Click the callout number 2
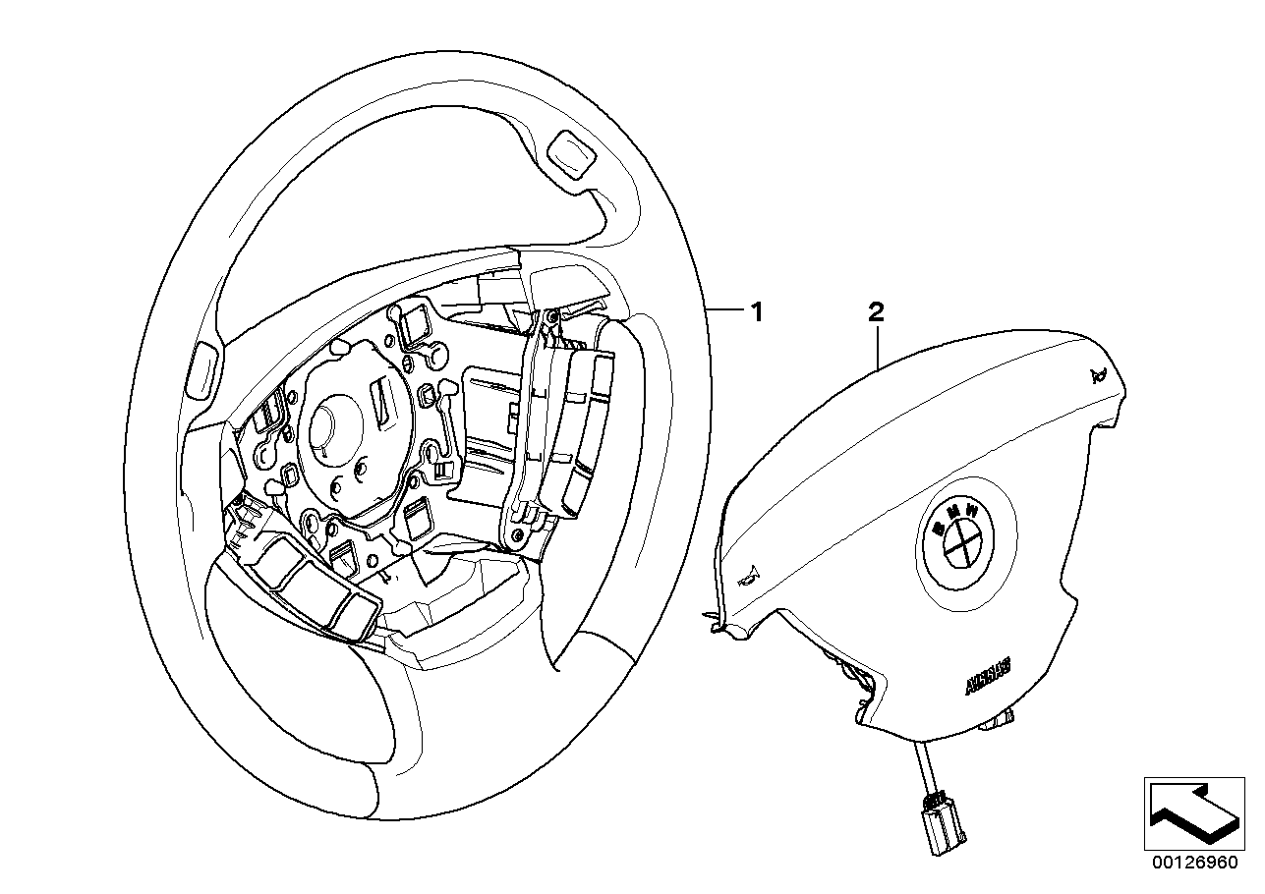pos(876,311)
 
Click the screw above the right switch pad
pos(550,315)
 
